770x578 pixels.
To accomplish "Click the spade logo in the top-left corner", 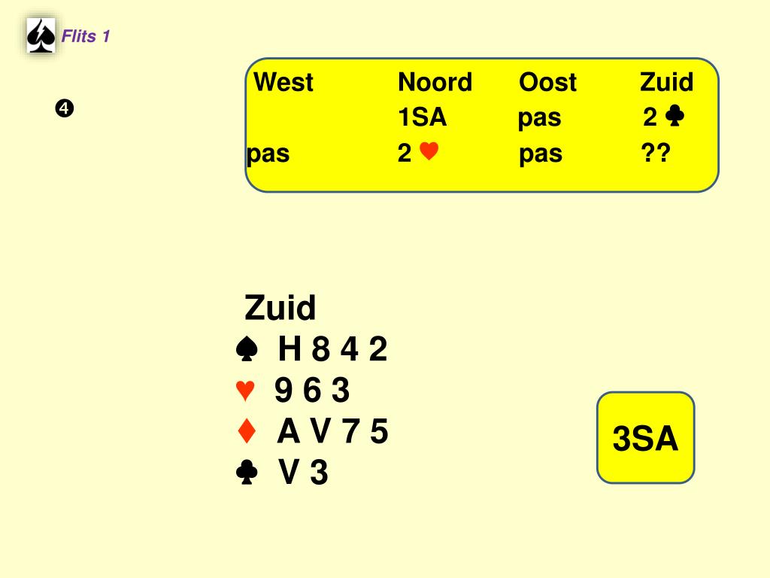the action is click(x=41, y=36).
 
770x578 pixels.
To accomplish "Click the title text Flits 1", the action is click(x=86, y=36).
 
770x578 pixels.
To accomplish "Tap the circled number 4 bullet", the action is click(x=63, y=109).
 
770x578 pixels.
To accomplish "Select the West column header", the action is click(x=283, y=82).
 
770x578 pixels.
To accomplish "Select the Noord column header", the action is click(x=435, y=82).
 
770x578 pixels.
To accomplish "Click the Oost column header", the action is click(x=547, y=82).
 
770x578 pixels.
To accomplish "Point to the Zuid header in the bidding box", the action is click(x=666, y=82).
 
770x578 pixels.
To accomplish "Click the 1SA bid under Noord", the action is click(x=422, y=117).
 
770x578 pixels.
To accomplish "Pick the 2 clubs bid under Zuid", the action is click(x=663, y=117).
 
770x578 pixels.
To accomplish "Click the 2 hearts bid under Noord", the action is click(x=418, y=154).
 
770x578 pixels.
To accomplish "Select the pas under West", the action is click(x=268, y=154).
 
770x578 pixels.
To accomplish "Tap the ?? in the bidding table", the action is click(x=655, y=154).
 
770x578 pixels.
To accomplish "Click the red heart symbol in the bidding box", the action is click(x=429, y=153).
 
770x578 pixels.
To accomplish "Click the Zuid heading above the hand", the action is click(x=280, y=308).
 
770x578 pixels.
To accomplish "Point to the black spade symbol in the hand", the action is click(x=247, y=349).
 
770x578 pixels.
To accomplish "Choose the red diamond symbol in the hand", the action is click(x=247, y=432).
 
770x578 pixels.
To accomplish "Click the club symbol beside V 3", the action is click(x=247, y=473).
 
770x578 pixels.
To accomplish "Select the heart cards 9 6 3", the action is click(x=312, y=391).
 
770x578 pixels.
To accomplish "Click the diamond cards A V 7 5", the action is click(x=332, y=432).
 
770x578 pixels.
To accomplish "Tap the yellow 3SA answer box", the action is click(x=645, y=438).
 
